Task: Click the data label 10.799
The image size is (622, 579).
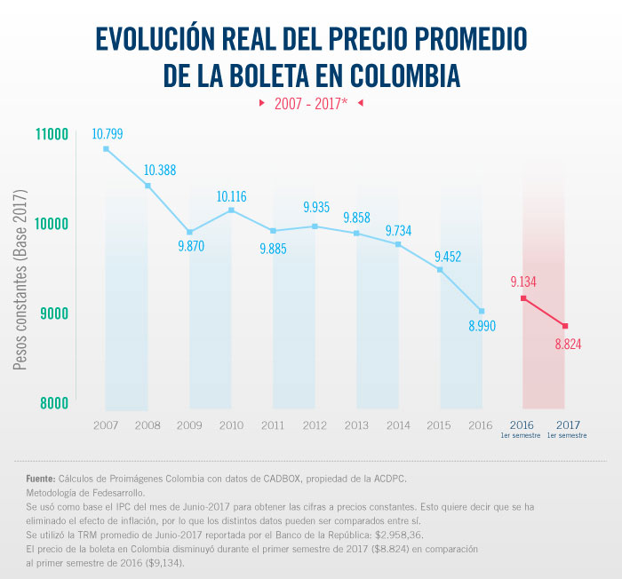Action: pos(107,135)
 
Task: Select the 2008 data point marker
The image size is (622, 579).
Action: pos(148,186)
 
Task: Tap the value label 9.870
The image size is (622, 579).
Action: pos(189,246)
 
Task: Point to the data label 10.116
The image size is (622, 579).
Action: pos(231,196)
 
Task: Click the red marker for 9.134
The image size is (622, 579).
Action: pos(523,298)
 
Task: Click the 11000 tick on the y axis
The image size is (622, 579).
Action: pos(52,135)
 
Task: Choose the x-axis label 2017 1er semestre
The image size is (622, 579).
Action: pos(565,430)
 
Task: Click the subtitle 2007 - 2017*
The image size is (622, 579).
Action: pos(310,104)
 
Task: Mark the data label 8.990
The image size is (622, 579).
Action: pos(481,326)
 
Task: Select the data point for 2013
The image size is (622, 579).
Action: pos(356,234)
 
